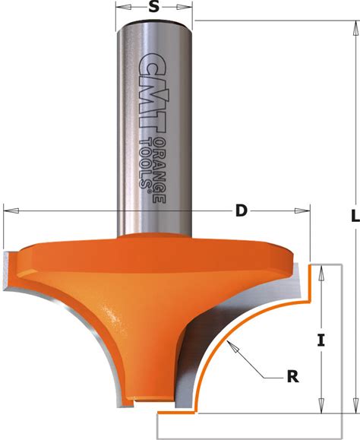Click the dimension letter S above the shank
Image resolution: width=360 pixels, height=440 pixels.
pos(153,7)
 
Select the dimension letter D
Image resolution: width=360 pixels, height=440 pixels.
pos(241,211)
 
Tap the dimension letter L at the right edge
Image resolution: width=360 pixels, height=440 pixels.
pos(355,216)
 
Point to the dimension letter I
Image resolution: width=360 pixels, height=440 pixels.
pos(321,340)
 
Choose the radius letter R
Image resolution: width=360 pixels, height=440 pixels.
pos(292,377)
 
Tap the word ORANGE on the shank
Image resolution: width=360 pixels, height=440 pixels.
pos(159,170)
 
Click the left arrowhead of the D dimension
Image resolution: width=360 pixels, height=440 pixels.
pos(11,211)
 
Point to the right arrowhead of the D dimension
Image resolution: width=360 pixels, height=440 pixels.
pos(302,211)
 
